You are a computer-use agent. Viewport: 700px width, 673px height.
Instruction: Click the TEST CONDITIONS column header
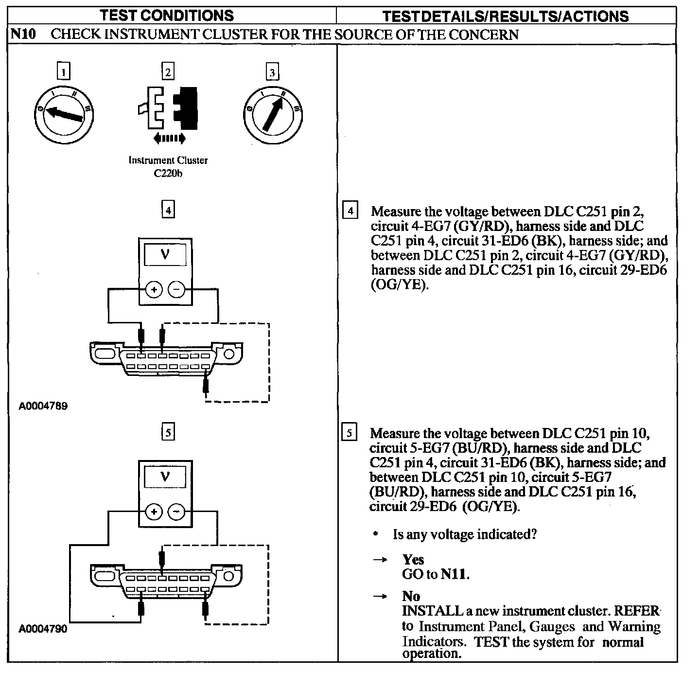click(167, 16)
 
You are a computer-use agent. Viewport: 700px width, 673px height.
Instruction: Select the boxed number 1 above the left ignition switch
click(64, 72)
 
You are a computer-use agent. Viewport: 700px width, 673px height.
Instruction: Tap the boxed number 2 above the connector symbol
click(168, 72)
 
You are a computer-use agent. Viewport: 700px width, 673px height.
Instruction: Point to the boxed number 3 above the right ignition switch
click(272, 72)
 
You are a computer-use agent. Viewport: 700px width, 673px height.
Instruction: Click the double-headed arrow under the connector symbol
click(169, 139)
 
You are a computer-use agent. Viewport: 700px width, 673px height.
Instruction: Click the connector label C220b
click(168, 173)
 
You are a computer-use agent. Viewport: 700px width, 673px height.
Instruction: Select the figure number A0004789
click(43, 406)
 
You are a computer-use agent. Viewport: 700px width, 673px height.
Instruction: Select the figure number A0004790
click(43, 629)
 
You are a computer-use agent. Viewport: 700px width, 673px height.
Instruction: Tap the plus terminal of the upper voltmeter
click(154, 290)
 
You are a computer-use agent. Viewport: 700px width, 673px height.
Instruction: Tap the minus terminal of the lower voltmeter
click(176, 512)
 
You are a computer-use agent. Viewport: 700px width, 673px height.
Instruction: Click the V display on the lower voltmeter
click(165, 477)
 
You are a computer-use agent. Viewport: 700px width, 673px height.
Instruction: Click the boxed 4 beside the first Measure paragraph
click(350, 212)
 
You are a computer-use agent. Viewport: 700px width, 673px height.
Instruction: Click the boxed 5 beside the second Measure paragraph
click(349, 433)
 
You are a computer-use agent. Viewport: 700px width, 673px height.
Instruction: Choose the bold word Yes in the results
click(413, 560)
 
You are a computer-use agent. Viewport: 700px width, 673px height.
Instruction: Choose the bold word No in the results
click(411, 596)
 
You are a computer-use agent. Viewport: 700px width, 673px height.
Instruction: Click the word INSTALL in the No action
click(432, 611)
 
